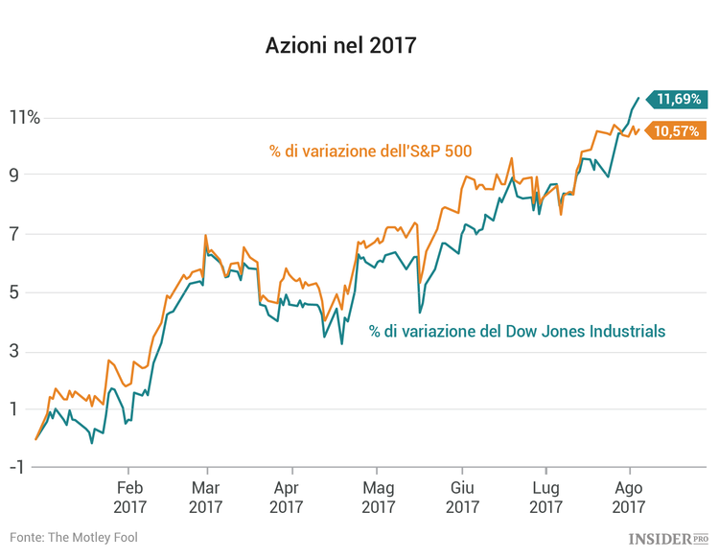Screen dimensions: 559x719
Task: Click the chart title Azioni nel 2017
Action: [x=341, y=45]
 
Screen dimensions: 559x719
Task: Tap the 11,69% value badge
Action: [x=679, y=98]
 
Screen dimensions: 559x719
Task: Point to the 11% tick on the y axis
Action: [x=25, y=118]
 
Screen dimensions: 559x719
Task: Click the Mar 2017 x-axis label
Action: [x=206, y=497]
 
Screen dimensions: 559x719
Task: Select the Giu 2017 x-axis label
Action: [x=462, y=497]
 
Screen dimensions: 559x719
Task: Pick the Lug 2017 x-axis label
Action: [x=545, y=497]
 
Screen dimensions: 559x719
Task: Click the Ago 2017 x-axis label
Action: [x=629, y=497]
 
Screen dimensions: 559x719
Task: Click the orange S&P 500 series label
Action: [x=370, y=151]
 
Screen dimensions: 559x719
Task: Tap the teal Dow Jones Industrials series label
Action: [x=517, y=331]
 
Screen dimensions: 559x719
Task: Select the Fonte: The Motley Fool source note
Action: [x=74, y=537]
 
